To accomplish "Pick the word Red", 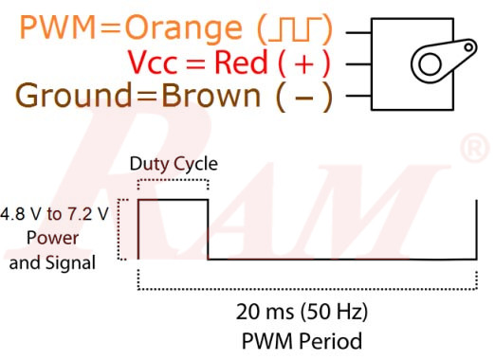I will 241,63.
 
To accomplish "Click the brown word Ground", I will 72,97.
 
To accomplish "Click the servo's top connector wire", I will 357,33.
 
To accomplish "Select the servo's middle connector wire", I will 357,64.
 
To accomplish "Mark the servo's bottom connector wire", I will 357,96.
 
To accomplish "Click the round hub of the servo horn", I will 431,64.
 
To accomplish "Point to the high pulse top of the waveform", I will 173,200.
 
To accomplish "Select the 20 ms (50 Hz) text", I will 302,311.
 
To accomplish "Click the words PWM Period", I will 302,338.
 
